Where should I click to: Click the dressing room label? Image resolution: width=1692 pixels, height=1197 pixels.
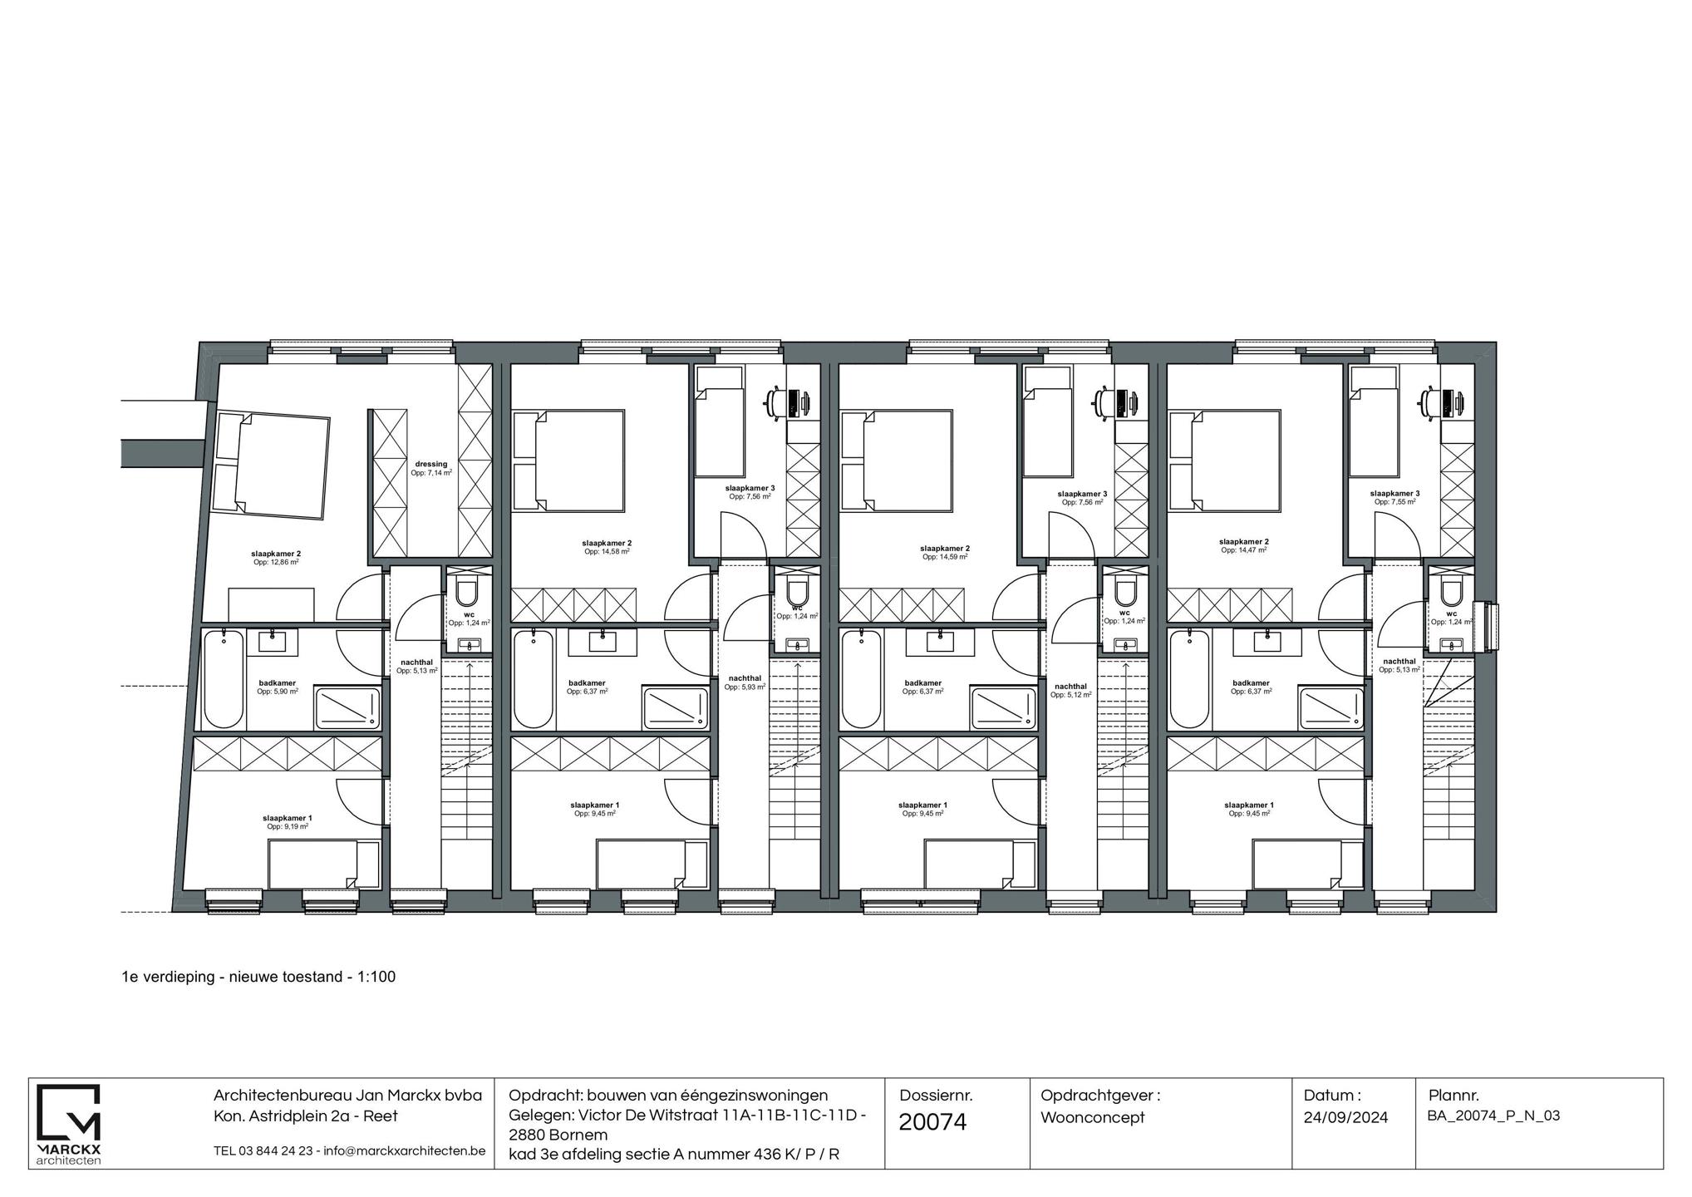click(430, 464)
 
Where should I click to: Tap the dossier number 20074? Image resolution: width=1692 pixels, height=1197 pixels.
click(932, 1122)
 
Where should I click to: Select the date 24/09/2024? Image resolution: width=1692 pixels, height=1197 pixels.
click(1345, 1117)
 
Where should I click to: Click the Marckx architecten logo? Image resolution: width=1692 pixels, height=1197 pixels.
click(70, 1123)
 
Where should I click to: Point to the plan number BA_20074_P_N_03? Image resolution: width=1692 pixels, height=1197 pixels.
click(1493, 1116)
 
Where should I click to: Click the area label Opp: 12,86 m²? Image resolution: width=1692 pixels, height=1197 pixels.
click(276, 562)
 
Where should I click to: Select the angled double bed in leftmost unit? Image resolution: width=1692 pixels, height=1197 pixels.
click(271, 465)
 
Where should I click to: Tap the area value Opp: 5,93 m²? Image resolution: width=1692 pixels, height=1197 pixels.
click(744, 687)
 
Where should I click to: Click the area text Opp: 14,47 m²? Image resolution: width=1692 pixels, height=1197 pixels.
click(1243, 550)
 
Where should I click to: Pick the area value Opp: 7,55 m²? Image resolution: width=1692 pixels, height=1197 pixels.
click(1394, 501)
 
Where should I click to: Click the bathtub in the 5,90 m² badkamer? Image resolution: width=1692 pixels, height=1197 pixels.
click(224, 678)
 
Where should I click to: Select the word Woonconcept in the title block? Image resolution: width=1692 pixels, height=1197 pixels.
click(1092, 1117)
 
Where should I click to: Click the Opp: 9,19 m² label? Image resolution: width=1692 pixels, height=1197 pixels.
click(288, 826)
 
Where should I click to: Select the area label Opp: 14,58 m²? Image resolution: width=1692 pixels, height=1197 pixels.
click(606, 551)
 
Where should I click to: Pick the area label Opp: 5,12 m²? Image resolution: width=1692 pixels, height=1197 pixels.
click(1070, 695)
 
